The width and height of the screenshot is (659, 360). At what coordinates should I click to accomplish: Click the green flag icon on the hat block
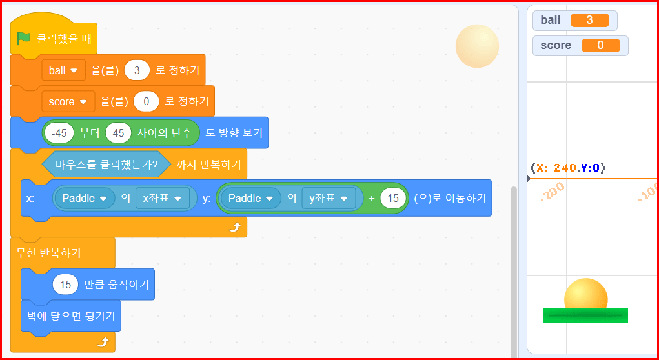coord(23,38)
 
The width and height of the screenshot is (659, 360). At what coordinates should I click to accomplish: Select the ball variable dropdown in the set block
coord(63,70)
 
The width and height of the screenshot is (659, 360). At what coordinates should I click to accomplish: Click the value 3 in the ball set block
coord(137,70)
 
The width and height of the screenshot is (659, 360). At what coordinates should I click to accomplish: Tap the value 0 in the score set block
coord(147,101)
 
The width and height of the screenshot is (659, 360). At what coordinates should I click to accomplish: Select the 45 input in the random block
coord(118,134)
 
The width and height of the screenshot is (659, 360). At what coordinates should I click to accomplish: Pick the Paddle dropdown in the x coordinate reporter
coord(84,198)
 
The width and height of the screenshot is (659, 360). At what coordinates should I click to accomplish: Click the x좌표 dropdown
coord(166,198)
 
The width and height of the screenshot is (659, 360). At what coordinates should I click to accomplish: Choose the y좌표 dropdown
coord(329,198)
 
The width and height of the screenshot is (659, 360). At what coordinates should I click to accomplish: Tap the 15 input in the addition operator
coord(393,198)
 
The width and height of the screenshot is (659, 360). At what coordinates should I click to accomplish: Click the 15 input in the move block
coord(65,285)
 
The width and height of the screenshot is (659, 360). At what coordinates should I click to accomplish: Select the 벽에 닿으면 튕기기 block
coord(71,315)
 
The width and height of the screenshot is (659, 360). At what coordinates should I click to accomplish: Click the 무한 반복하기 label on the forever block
coord(48,252)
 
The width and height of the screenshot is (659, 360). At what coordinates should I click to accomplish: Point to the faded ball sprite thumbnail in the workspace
coord(477,46)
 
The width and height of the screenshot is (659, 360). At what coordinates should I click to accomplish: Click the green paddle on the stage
coord(585,315)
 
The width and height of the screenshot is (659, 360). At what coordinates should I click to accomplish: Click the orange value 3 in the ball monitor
coord(589,20)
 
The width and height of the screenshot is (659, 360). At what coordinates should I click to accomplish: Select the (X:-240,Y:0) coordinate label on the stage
coord(567,168)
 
